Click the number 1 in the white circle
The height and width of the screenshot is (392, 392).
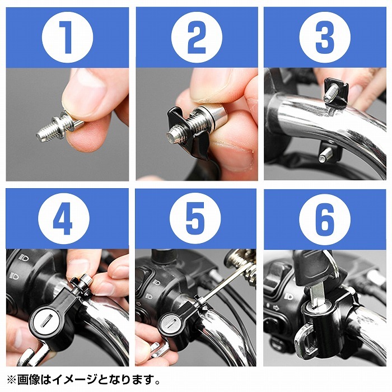66,38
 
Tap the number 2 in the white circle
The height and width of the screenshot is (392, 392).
197,38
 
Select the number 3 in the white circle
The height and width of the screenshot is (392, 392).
325,38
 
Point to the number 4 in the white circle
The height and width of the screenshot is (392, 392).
63,218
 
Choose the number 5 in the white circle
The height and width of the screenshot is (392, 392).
195,218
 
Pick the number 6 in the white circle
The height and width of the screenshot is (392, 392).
325,220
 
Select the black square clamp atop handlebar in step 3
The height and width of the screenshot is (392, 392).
336,92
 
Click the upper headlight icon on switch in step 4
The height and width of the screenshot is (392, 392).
24,257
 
